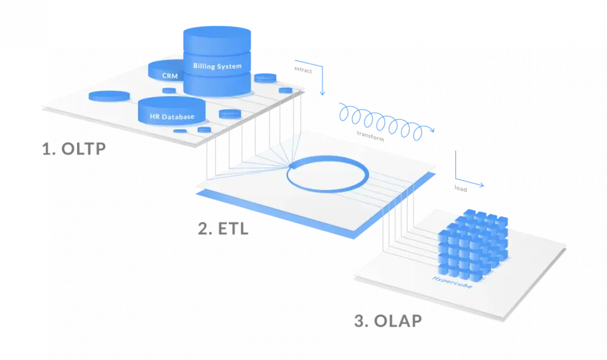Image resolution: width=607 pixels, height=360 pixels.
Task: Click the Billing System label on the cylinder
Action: pyautogui.click(x=218, y=66)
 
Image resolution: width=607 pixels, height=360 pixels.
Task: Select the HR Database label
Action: pyautogui.click(x=171, y=116)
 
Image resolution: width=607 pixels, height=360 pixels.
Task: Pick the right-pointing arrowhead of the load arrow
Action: pyautogui.click(x=481, y=184)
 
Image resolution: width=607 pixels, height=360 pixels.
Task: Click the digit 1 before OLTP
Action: pyautogui.click(x=47, y=149)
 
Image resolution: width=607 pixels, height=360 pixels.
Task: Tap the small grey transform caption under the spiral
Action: pyautogui.click(x=369, y=138)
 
